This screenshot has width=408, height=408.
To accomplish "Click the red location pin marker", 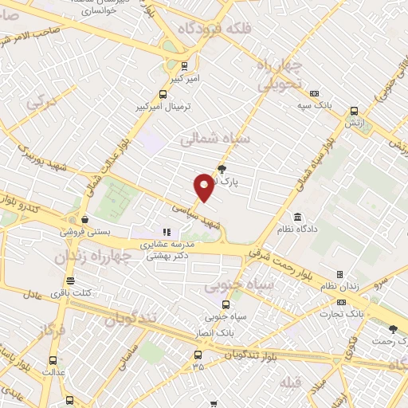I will point(204,186).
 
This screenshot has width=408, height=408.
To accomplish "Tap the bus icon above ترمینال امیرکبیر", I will point(185,65).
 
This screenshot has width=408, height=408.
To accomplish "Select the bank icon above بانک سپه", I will point(315,92).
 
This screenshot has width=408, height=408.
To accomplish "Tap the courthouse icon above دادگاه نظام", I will point(298,218).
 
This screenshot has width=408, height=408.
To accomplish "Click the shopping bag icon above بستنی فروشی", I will point(84,220).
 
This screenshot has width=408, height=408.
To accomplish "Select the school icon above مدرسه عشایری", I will point(167,232).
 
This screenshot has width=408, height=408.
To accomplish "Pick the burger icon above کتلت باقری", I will point(71,280).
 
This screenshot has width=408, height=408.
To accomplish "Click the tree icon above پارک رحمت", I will point(391,328).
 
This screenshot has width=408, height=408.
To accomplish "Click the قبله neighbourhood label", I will point(291,384).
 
